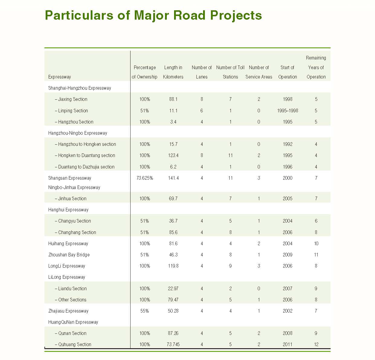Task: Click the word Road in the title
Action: pyautogui.click(x=189, y=15)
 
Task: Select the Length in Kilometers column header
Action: pyautogui.click(x=173, y=72)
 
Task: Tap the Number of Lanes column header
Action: pyautogui.click(x=202, y=72)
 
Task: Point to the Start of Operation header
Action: pyautogui.click(x=287, y=72)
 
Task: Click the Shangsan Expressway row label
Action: pyautogui.click(x=70, y=178)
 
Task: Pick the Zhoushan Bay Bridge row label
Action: pyautogui.click(x=69, y=255)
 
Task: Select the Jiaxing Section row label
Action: pyautogui.click(x=71, y=99)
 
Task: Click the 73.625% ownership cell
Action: pyautogui.click(x=144, y=178)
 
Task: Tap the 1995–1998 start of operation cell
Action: pyautogui.click(x=287, y=111)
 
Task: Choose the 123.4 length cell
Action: pyautogui.click(x=173, y=155)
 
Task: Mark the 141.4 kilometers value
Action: pyautogui.click(x=173, y=178)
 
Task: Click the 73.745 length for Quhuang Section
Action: pyautogui.click(x=173, y=344)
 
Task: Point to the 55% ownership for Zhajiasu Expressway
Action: pyautogui.click(x=144, y=311)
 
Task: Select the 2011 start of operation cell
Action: pyautogui.click(x=287, y=344)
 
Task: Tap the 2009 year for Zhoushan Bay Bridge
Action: pyautogui.click(x=287, y=255)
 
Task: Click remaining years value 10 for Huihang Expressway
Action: pyautogui.click(x=316, y=243)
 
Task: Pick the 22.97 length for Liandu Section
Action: pyautogui.click(x=173, y=288)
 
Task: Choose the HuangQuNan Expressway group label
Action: pyautogui.click(x=73, y=322)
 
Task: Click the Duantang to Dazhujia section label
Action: pyautogui.click(x=85, y=167)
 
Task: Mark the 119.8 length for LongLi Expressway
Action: pyautogui.click(x=173, y=266)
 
